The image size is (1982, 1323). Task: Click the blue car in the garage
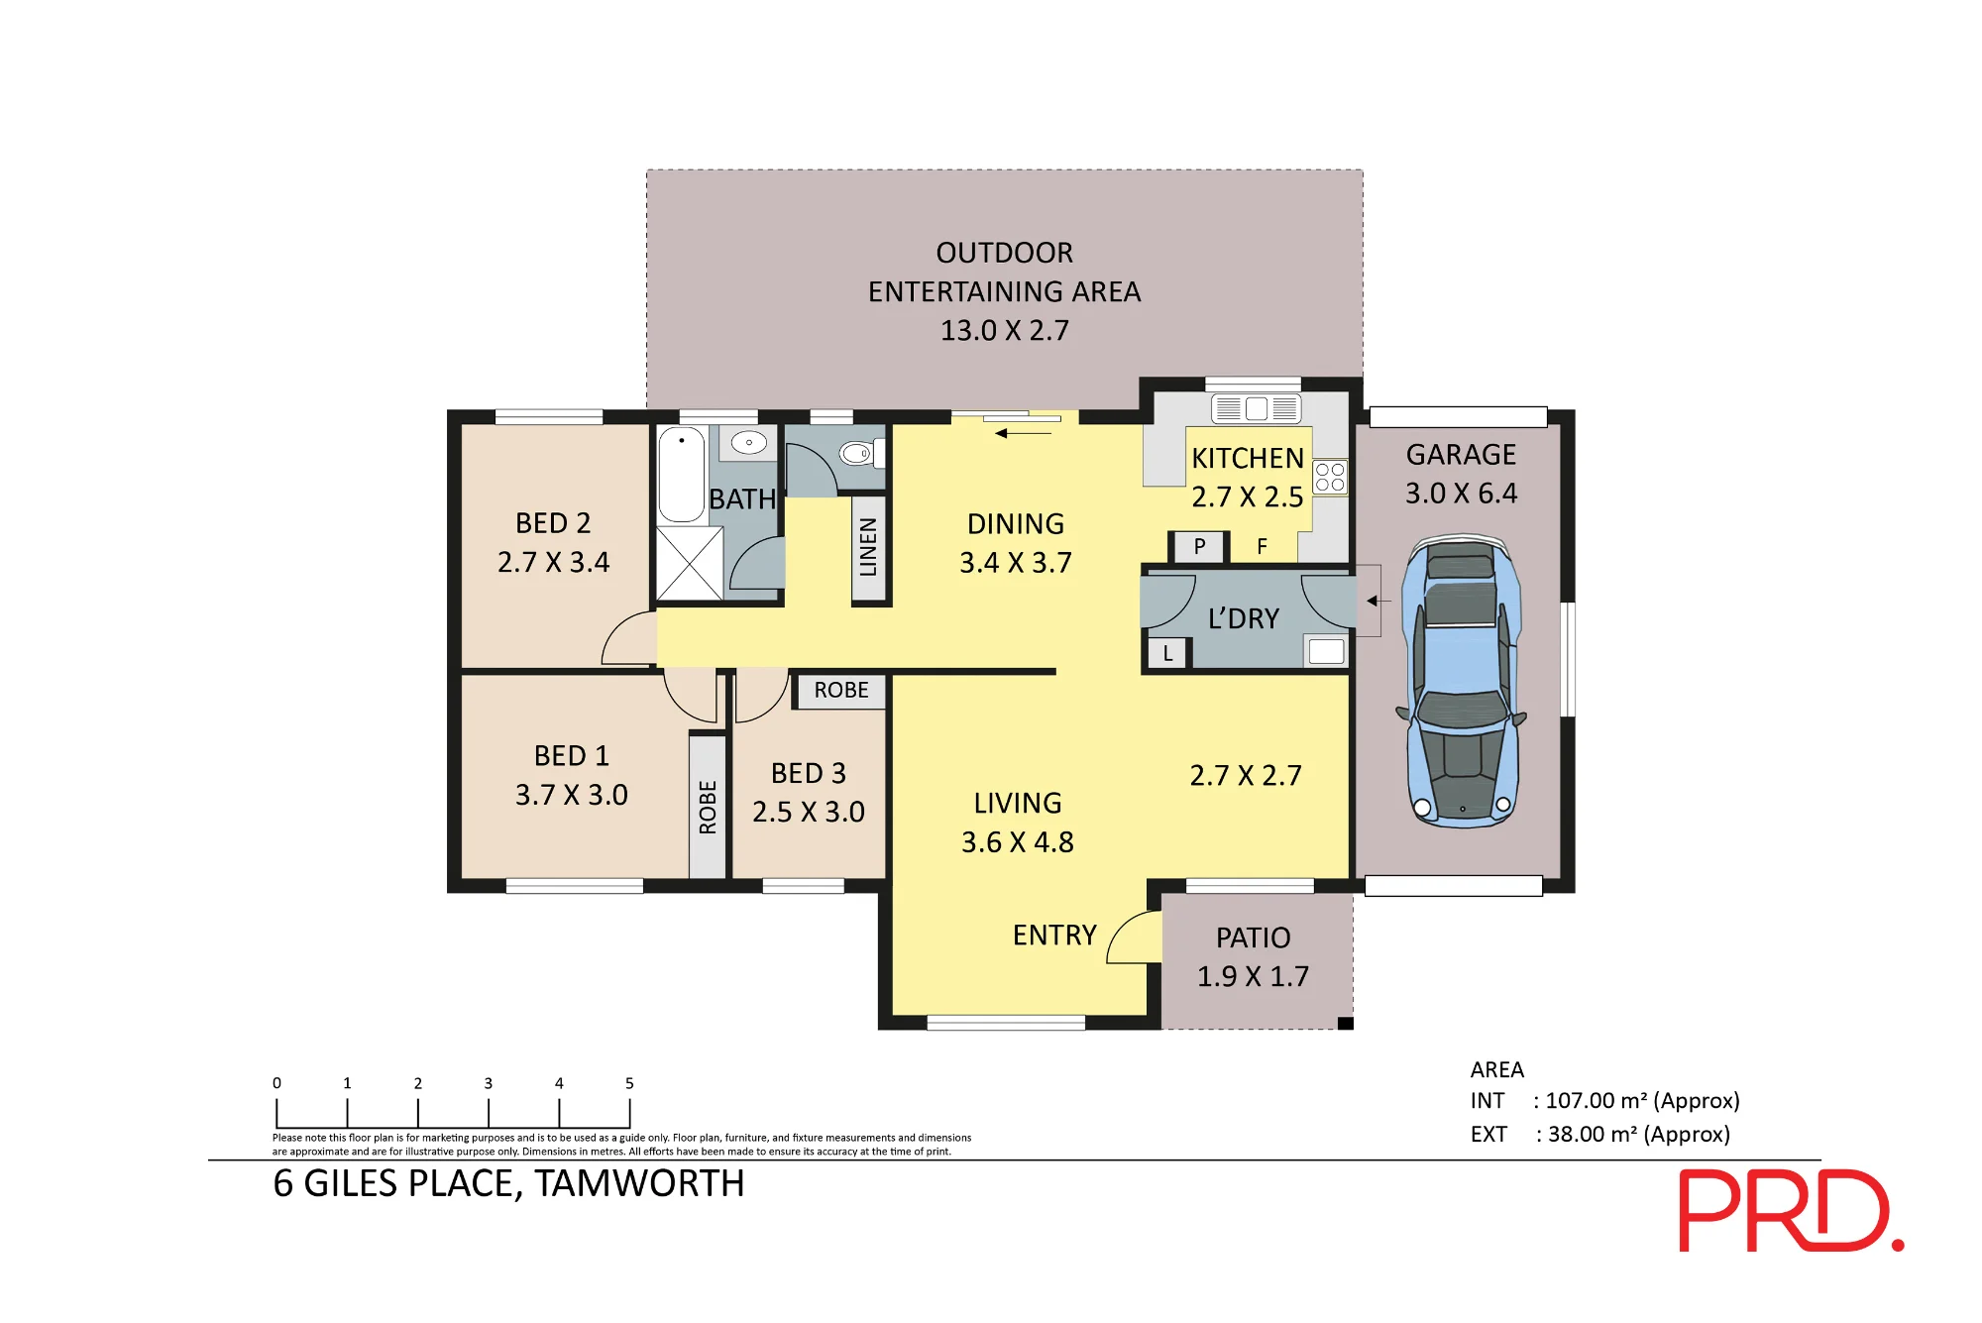[x=1462, y=683]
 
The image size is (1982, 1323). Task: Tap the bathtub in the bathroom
[x=682, y=475]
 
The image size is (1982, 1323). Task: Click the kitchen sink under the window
[x=1256, y=408]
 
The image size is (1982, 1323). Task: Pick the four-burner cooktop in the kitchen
[x=1330, y=477]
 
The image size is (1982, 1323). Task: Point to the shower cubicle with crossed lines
[x=690, y=563]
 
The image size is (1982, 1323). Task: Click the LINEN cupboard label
[x=868, y=547]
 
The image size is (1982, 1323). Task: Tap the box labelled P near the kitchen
[x=1199, y=547]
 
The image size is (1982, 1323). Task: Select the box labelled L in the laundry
[x=1168, y=654]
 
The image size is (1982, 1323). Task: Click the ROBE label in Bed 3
[x=841, y=690]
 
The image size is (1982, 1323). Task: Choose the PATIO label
[x=1254, y=937]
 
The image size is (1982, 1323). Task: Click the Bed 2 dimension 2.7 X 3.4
[x=553, y=562]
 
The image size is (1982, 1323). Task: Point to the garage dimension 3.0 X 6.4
[x=1461, y=494]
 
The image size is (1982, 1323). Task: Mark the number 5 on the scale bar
[x=629, y=1083]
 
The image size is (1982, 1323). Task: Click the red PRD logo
[x=1791, y=1210]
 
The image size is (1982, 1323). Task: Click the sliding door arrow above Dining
[x=1024, y=433]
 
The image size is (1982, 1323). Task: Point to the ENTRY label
[x=1054, y=936]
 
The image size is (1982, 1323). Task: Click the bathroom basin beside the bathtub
[x=749, y=442]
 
